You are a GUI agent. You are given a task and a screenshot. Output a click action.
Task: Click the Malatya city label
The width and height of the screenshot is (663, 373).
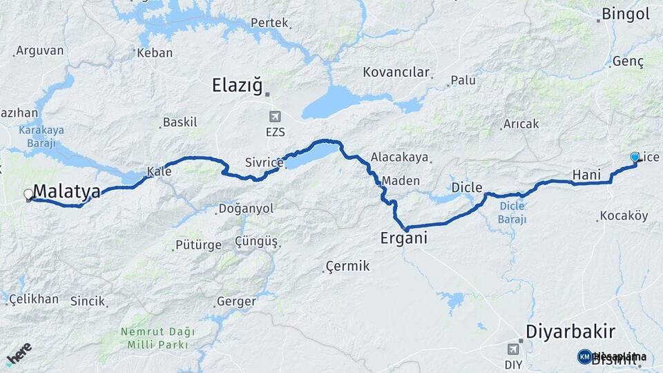[x=67, y=191]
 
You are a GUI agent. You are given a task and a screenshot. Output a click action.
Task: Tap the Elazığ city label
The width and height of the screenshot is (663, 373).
[x=238, y=86]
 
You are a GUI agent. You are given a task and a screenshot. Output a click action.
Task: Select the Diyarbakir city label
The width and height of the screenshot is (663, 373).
[x=570, y=332]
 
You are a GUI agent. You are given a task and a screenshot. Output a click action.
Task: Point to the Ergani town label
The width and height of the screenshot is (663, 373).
[x=404, y=238]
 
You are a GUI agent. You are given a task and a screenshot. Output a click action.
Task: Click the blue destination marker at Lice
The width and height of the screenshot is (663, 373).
[x=635, y=157]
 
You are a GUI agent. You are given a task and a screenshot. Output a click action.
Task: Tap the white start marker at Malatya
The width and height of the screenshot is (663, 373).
[x=28, y=195]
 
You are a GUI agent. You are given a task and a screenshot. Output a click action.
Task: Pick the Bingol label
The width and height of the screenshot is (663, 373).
[x=626, y=13]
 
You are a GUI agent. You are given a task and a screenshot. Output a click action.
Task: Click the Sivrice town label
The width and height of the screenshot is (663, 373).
[x=264, y=163]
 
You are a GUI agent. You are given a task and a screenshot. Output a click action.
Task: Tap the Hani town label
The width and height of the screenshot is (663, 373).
[x=587, y=175]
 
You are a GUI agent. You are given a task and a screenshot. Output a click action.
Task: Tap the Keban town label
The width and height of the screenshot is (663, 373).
[x=155, y=52]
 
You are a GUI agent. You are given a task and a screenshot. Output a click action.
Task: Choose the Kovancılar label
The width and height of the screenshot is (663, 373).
[x=396, y=72]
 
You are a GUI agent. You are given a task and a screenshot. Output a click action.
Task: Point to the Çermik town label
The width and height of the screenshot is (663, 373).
[x=348, y=266]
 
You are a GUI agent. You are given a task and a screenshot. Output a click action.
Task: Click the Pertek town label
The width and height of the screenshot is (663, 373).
[x=269, y=23]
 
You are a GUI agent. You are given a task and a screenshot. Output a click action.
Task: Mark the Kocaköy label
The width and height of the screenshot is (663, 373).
[x=624, y=216]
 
